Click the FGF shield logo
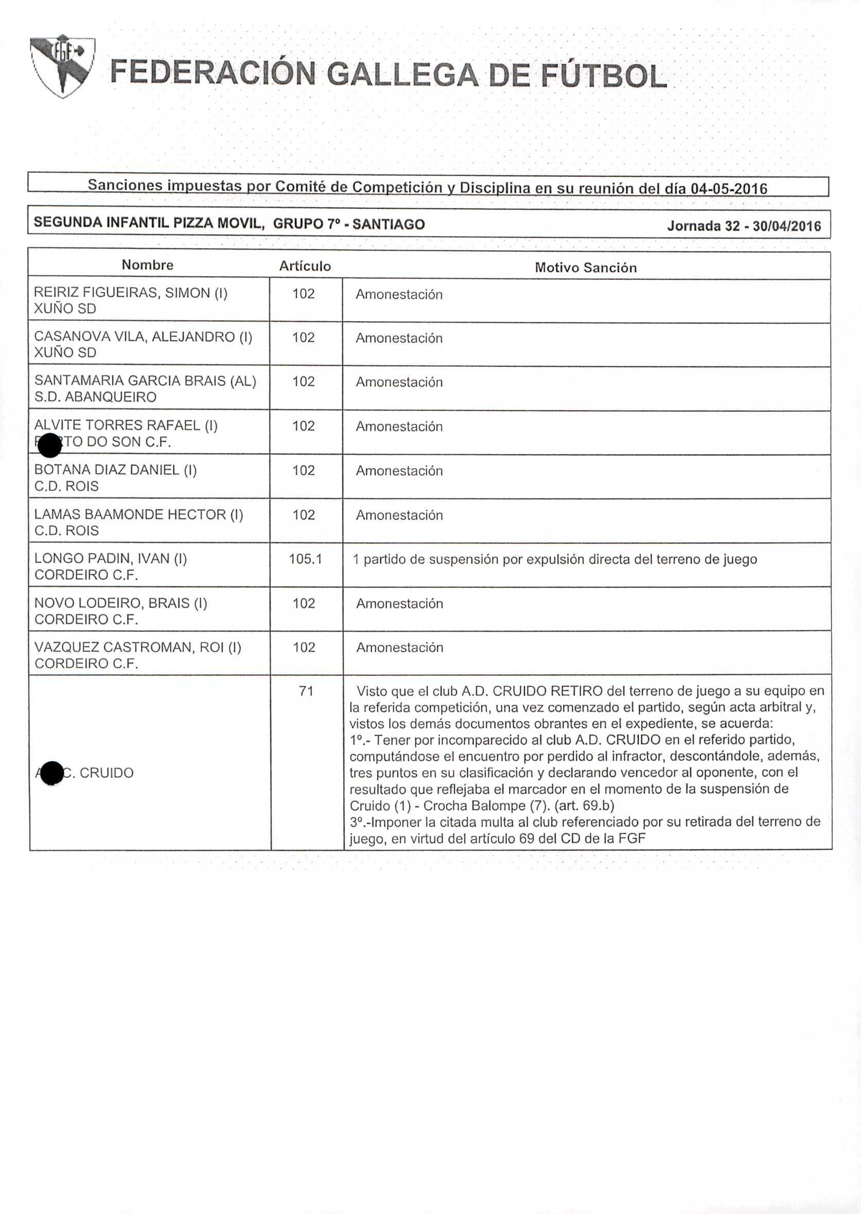click(x=63, y=67)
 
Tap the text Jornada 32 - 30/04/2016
click(x=744, y=226)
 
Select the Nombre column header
click(x=147, y=265)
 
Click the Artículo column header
click(x=305, y=266)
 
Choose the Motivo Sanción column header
click(x=585, y=267)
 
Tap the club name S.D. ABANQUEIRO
click(x=95, y=397)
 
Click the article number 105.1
click(x=305, y=559)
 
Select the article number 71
click(x=306, y=691)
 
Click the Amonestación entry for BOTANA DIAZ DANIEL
click(x=399, y=471)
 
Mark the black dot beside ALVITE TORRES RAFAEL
click(x=50, y=444)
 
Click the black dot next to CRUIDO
click(x=52, y=774)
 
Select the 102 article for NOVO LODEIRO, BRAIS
click(x=304, y=603)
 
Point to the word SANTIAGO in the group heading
click(x=389, y=224)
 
